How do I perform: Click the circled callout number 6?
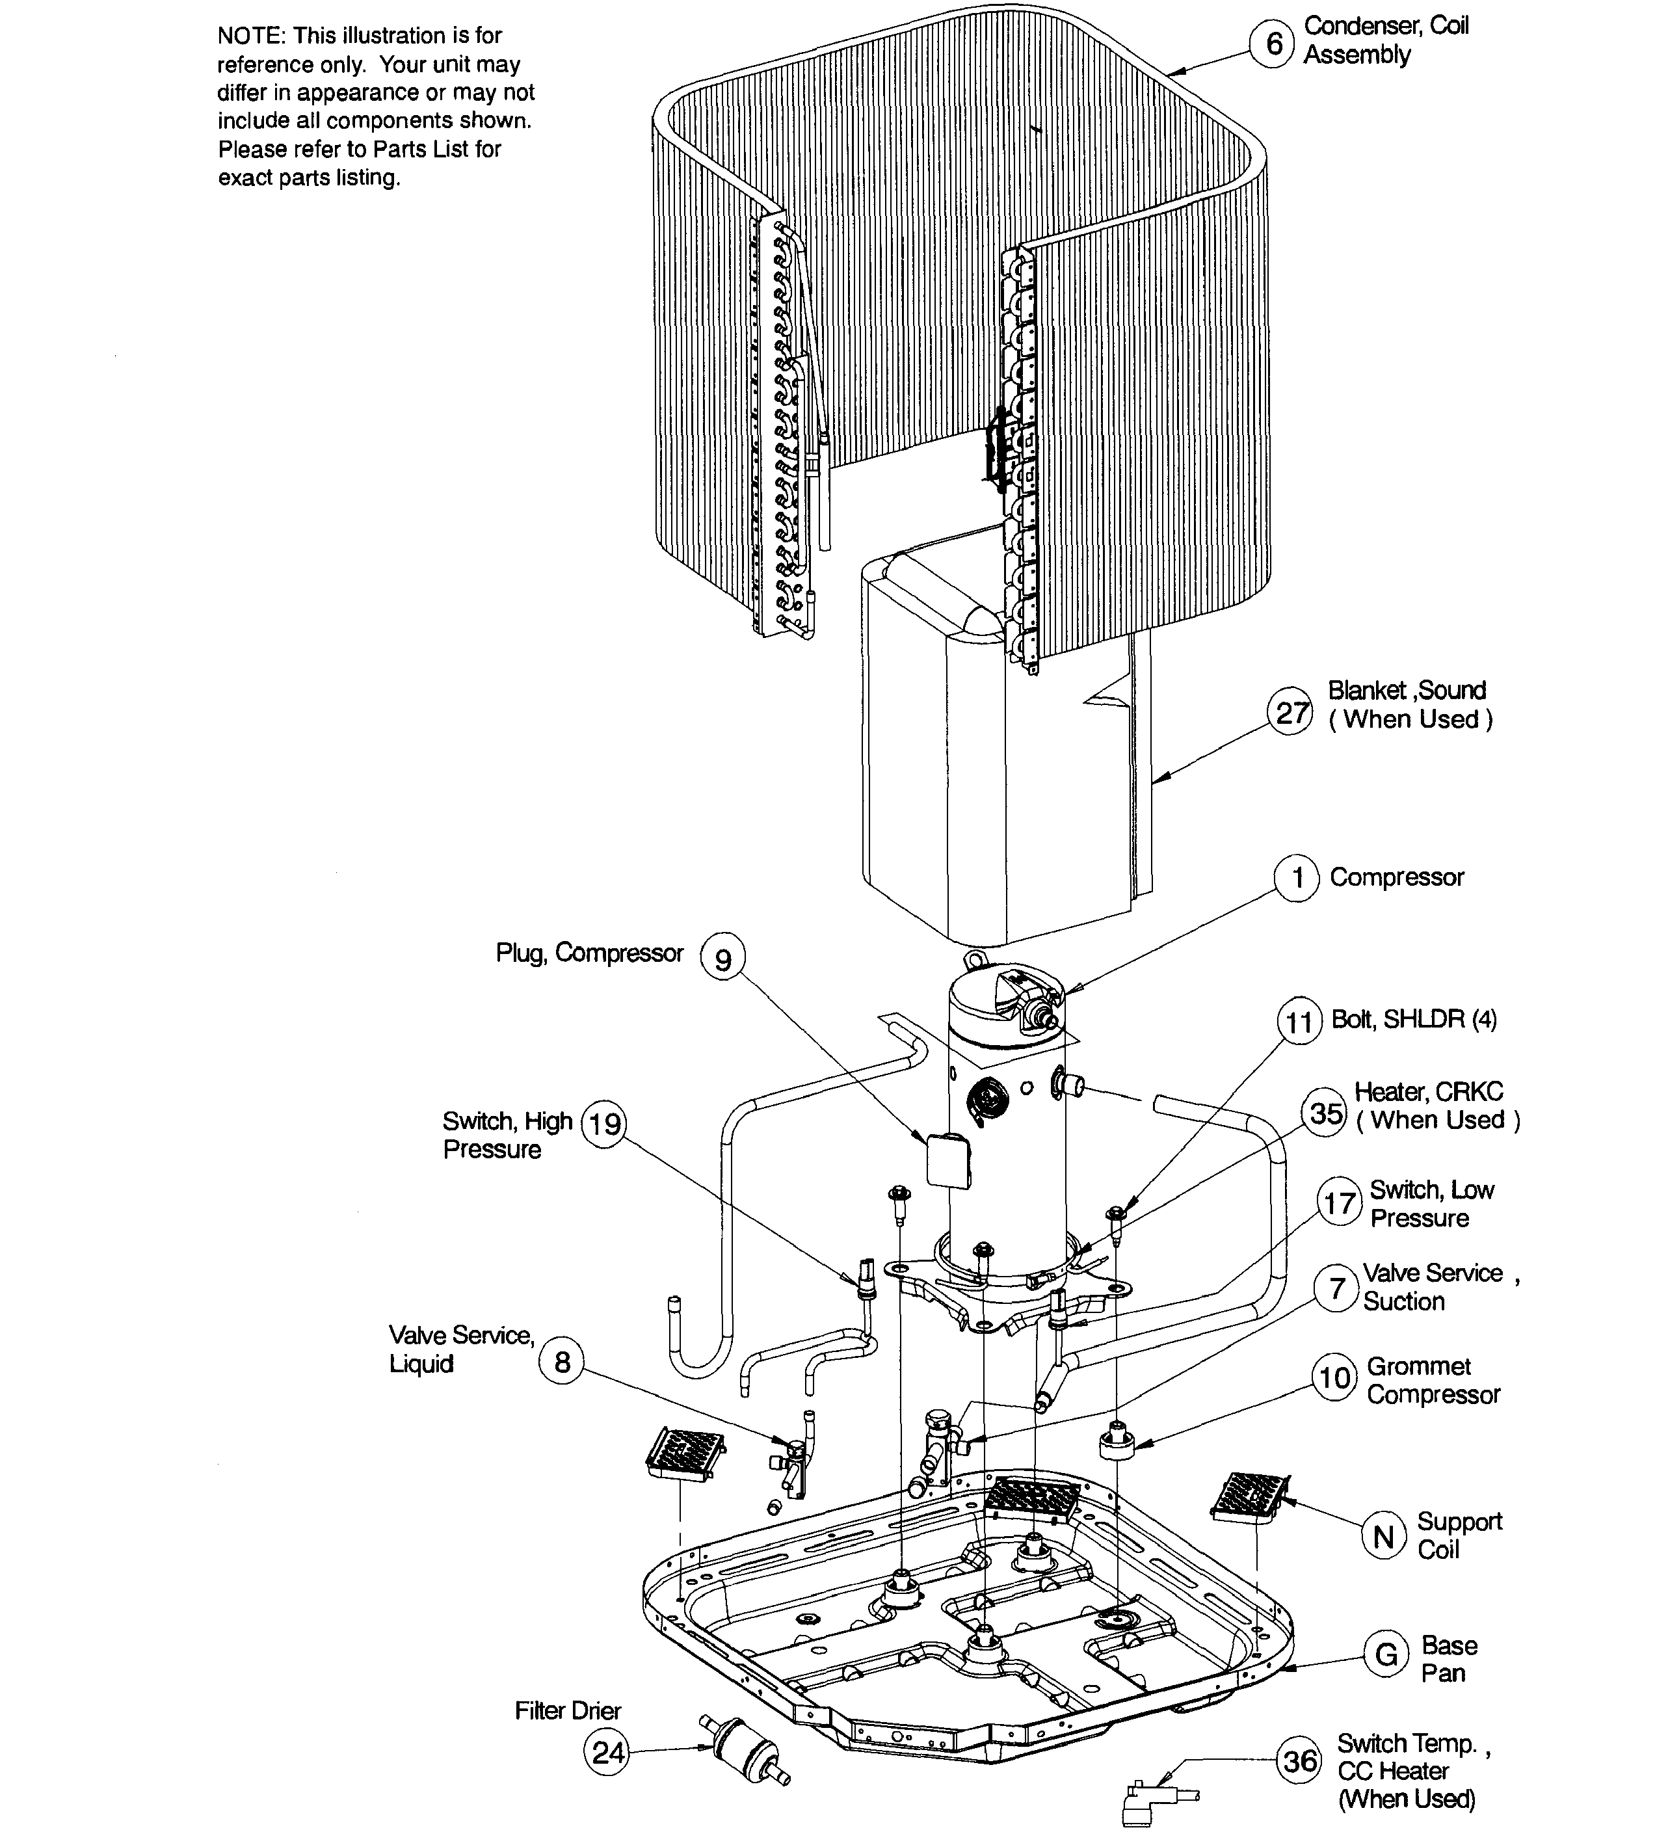click(x=1273, y=43)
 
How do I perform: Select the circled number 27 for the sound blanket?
click(x=1290, y=712)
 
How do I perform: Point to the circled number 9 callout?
click(x=723, y=959)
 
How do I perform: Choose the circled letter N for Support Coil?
click(x=1383, y=1536)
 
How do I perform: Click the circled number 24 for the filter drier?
click(x=607, y=1751)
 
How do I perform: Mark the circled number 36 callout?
click(x=1299, y=1760)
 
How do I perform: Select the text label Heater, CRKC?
click(x=1429, y=1091)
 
